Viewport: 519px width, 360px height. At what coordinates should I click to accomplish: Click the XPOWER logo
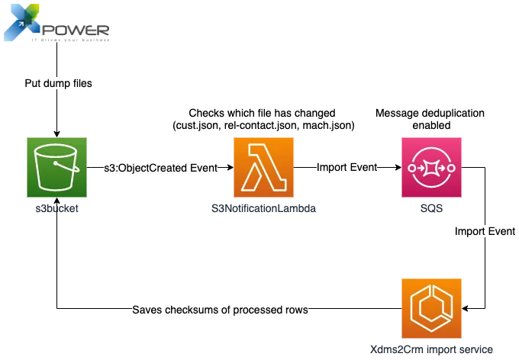[56, 23]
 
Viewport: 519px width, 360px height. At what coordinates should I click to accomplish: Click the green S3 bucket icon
[57, 168]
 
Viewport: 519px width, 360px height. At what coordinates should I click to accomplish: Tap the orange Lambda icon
[263, 168]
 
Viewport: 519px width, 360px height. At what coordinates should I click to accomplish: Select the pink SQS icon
[431, 168]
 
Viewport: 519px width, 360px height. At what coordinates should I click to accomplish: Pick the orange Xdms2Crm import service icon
[431, 308]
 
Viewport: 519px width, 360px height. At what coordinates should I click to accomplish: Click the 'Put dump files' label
[58, 83]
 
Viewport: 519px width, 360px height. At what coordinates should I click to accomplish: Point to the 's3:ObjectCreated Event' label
[161, 168]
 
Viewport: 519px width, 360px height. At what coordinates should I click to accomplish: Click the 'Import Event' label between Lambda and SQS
[347, 168]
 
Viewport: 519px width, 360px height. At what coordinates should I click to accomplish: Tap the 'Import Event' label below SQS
[485, 231]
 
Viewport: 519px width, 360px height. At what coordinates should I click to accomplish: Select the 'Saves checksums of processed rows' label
[220, 310]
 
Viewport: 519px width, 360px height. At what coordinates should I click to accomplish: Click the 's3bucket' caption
[57, 208]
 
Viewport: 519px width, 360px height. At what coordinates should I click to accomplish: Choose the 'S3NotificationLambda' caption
[263, 208]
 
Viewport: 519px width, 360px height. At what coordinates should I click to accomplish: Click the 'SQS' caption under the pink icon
[431, 208]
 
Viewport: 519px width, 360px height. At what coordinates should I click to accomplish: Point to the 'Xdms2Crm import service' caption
[431, 349]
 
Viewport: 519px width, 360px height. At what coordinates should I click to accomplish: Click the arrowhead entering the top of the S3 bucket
[57, 134]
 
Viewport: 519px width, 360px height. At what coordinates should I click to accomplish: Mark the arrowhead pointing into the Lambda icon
[230, 168]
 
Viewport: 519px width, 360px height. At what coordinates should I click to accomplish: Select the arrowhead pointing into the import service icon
[465, 308]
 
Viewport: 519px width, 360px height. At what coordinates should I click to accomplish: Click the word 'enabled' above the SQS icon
[431, 125]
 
